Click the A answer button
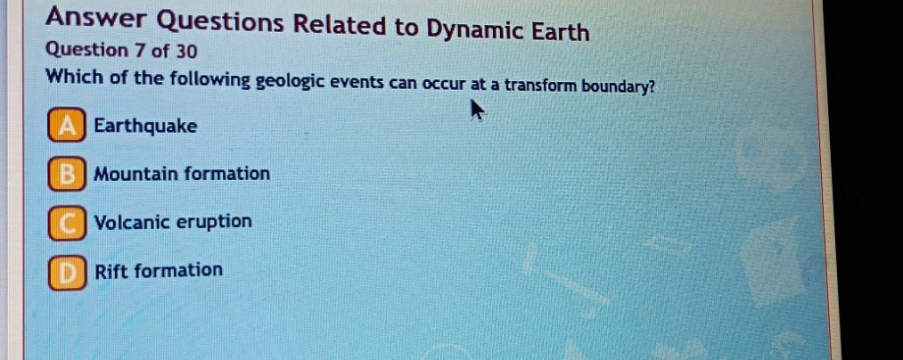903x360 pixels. [68, 127]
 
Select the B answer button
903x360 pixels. [68, 175]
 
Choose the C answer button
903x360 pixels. [68, 223]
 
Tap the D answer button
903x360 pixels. [68, 271]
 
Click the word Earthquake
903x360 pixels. [145, 127]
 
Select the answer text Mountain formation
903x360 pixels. [182, 174]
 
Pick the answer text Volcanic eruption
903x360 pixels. [173, 222]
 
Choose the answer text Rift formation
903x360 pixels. [159, 270]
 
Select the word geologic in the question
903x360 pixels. [291, 81]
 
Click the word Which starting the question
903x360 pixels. [73, 77]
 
